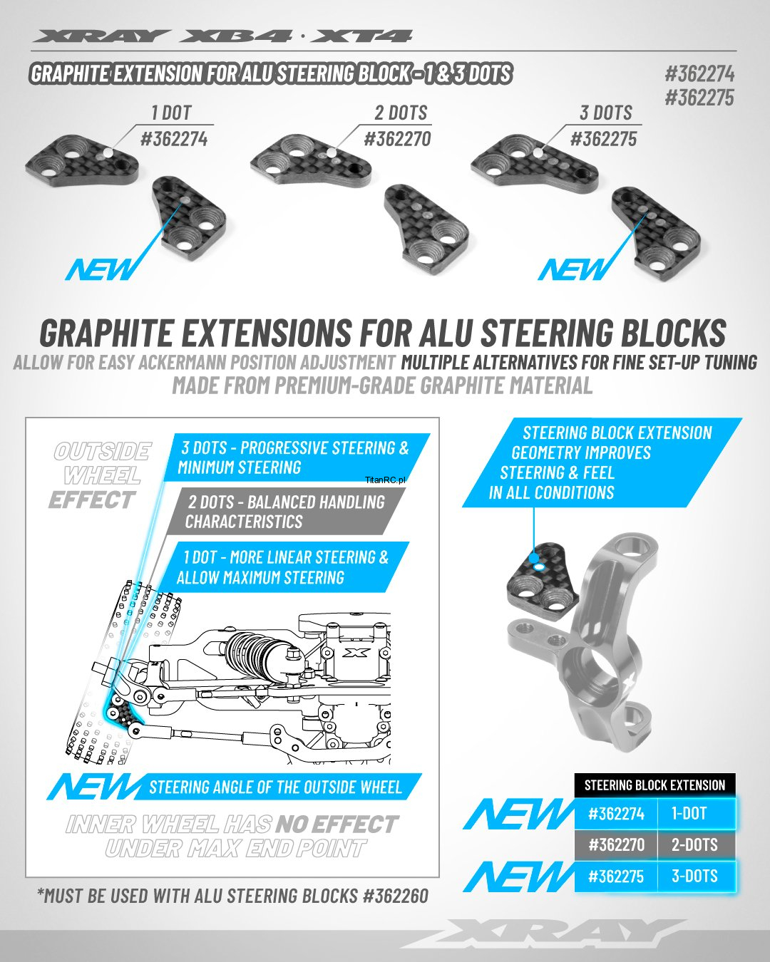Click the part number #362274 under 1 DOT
tap(174, 139)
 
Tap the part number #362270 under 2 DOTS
tap(397, 139)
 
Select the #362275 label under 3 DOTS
tap(603, 139)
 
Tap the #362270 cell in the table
tap(616, 844)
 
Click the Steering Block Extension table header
tap(654, 785)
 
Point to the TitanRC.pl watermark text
tap(385, 480)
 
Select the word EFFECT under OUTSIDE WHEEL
tap(92, 500)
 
